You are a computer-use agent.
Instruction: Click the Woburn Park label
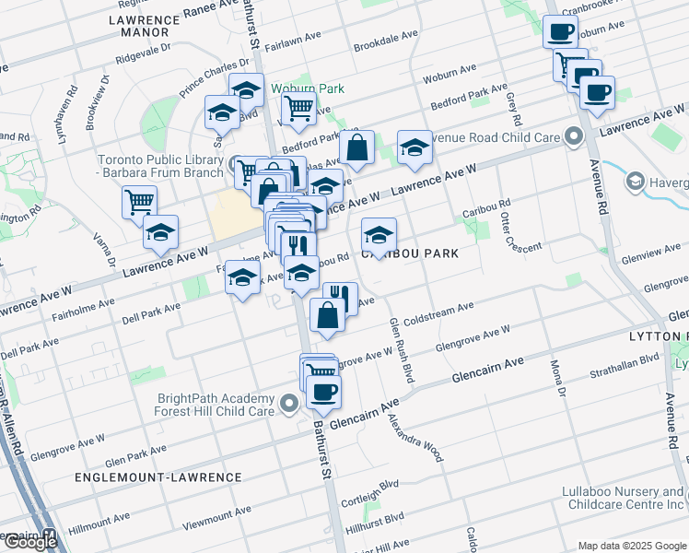[308, 88]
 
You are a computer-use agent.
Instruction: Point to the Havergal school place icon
[635, 183]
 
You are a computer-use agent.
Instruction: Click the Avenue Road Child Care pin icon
[574, 138]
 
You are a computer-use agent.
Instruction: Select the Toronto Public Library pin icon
[235, 162]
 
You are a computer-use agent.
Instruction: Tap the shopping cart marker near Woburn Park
[298, 107]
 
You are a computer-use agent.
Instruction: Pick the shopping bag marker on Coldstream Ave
[328, 315]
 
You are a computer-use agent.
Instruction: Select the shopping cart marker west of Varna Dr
[139, 200]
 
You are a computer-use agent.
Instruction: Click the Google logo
[30, 541]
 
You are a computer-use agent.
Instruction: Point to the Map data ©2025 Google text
[631, 546]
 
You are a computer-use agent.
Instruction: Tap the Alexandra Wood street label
[427, 438]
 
